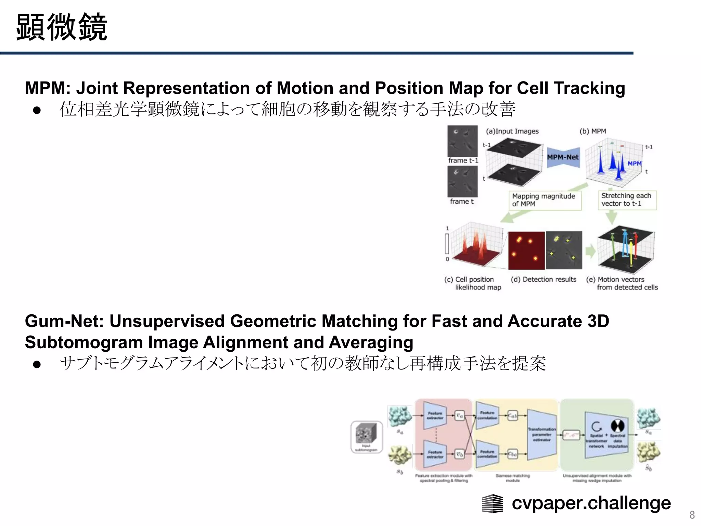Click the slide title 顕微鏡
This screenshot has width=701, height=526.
click(62, 27)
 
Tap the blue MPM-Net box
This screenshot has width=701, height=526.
click(563, 157)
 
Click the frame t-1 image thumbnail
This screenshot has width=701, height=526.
click(462, 141)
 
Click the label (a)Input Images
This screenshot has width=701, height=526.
click(512, 131)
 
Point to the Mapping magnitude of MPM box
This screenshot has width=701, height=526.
click(545, 200)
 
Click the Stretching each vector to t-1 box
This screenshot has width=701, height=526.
click(626, 200)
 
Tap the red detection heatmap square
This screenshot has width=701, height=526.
click(526, 250)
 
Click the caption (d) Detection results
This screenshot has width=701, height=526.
click(543, 279)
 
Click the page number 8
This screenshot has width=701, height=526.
click(692, 515)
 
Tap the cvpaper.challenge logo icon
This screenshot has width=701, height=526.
click(492, 503)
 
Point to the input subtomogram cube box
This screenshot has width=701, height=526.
click(366, 437)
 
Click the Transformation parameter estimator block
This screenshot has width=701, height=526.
click(542, 434)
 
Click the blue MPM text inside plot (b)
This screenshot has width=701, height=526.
click(634, 163)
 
